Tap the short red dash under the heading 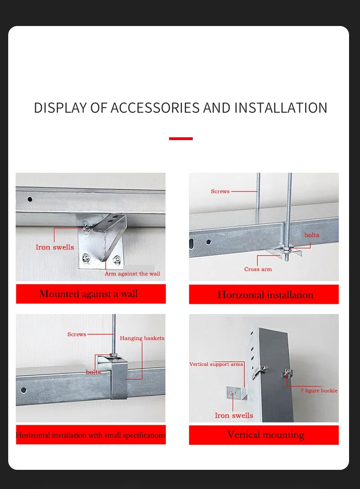point(181,138)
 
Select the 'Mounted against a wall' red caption point(91,294)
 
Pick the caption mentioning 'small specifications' point(91,435)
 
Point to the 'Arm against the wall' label point(132,274)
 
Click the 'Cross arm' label point(258,269)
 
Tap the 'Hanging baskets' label point(142,338)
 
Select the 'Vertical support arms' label point(216,364)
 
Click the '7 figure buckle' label point(319,390)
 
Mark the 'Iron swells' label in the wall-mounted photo point(55,247)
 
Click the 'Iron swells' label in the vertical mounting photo point(234,416)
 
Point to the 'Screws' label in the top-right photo point(220,191)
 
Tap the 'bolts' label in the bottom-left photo point(93,372)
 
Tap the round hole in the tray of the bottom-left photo point(23,390)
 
